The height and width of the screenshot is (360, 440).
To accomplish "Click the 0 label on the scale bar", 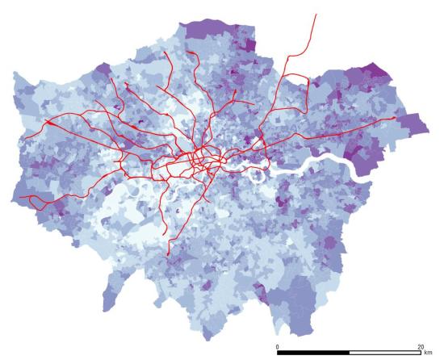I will [x=278, y=346].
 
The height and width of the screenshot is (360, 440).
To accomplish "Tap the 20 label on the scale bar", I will [x=419, y=346].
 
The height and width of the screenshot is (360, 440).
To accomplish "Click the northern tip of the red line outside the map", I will [x=316, y=14].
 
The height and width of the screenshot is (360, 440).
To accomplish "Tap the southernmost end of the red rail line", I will [x=168, y=255].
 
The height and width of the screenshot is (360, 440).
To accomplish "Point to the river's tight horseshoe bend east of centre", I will [x=260, y=174].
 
